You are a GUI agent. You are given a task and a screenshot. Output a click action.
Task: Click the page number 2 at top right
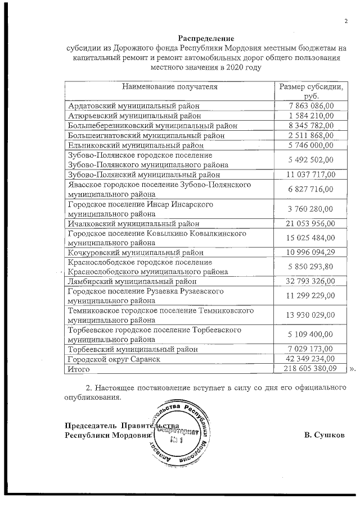click(346, 21)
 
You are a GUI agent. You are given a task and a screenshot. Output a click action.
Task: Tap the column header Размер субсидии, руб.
click(310, 91)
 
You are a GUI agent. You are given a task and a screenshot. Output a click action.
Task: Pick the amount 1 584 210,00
click(310, 116)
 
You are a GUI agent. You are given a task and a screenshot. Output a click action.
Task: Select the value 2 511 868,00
click(310, 135)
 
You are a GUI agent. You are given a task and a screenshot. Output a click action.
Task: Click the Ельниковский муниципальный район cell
click(132, 145)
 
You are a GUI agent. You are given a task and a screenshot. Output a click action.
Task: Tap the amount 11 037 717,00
click(310, 175)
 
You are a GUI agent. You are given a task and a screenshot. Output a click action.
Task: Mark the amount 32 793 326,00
click(310, 281)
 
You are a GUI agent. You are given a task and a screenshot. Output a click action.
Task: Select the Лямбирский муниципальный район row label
click(132, 281)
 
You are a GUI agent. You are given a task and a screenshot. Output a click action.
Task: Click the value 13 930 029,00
click(310, 315)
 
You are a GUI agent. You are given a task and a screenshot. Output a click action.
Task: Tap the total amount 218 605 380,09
click(310, 369)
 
